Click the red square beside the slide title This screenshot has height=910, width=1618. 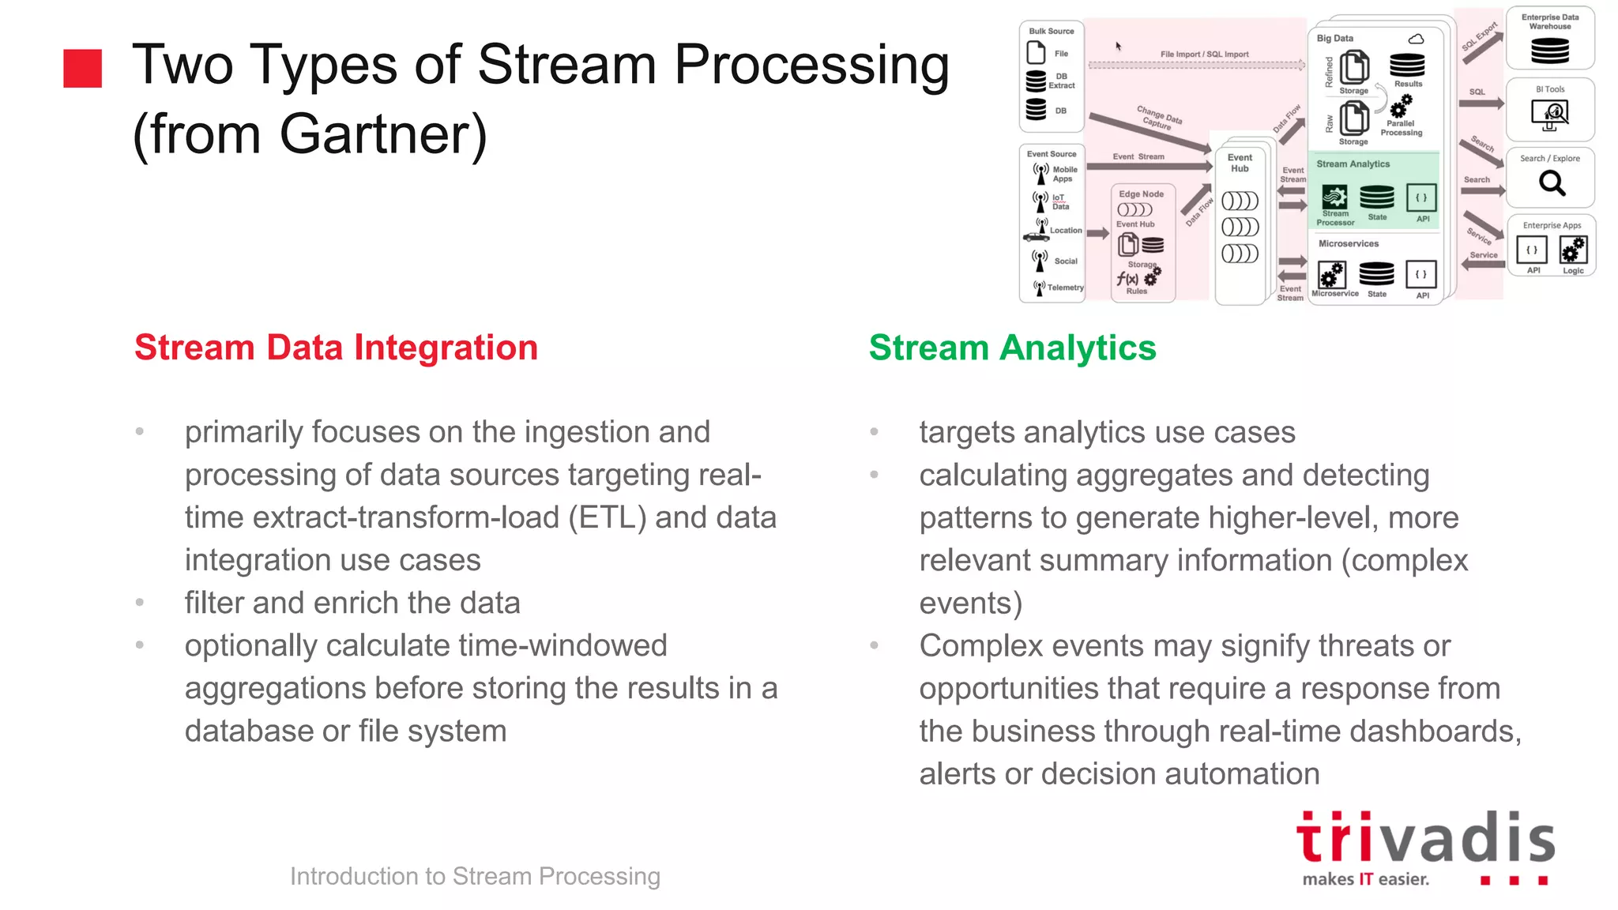pos(83,68)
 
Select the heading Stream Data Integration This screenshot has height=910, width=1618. pos(336,348)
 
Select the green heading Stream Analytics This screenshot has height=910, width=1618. pos(1012,348)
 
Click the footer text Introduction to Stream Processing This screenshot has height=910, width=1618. pos(475,876)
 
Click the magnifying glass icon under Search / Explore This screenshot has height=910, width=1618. pos(1552,183)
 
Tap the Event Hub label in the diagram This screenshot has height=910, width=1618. pos(1240,163)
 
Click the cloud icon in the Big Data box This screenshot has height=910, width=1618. pos(1416,39)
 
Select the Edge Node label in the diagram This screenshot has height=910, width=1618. pos(1141,194)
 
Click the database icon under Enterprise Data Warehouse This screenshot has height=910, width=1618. pos(1550,51)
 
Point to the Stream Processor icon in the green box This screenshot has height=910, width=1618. pos(1334,196)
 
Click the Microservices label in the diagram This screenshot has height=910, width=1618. pos(1348,243)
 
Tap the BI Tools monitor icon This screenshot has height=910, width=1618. pos(1549,114)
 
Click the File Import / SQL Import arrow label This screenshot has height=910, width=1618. pos(1204,55)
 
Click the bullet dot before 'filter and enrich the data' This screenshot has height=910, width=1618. pos(140,602)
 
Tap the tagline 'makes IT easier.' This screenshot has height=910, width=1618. pos(1365,879)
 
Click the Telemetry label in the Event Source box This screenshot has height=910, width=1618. pos(1065,288)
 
